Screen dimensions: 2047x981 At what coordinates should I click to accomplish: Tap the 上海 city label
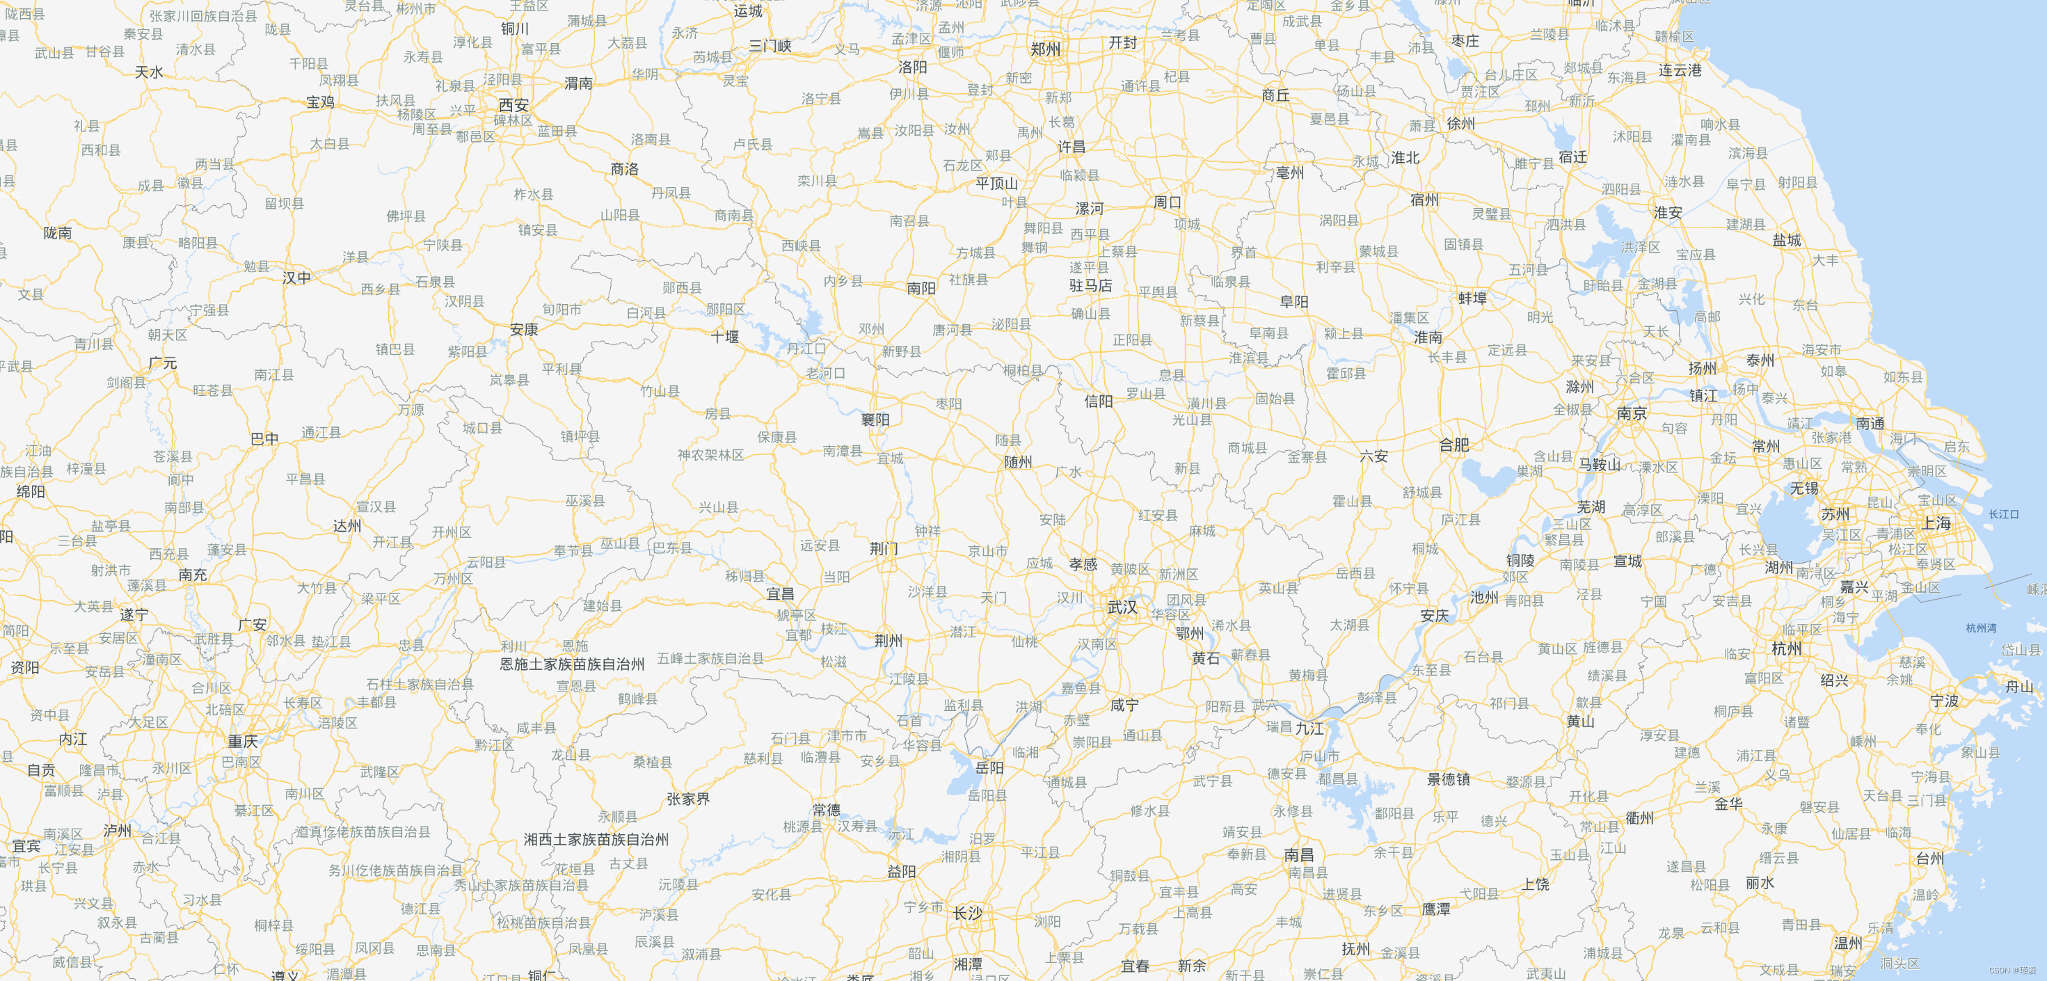click(1936, 523)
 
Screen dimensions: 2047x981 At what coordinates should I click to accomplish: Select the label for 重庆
click(243, 741)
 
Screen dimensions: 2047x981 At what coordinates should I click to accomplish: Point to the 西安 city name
click(513, 105)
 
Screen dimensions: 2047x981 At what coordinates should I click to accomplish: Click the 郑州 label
click(1046, 49)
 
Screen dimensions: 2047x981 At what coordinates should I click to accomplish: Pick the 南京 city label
click(1632, 413)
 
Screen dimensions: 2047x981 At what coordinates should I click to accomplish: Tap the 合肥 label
click(1454, 445)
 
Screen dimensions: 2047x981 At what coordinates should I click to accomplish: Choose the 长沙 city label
click(968, 914)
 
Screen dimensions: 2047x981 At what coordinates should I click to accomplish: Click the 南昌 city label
click(1299, 854)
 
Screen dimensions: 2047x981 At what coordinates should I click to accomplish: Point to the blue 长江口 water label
click(2004, 515)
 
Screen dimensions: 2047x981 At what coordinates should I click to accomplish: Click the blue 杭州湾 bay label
click(1981, 628)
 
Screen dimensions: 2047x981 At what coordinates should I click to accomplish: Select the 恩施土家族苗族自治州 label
click(572, 664)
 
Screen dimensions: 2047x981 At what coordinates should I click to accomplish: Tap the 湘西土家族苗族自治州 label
click(596, 840)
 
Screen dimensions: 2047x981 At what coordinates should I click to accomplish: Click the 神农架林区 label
click(710, 455)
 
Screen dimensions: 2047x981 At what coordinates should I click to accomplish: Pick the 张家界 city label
click(688, 799)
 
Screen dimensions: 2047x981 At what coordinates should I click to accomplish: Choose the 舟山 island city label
click(2020, 686)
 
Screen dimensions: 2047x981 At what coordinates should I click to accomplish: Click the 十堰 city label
click(725, 337)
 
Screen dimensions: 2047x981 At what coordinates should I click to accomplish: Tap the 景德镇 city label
click(1449, 779)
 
